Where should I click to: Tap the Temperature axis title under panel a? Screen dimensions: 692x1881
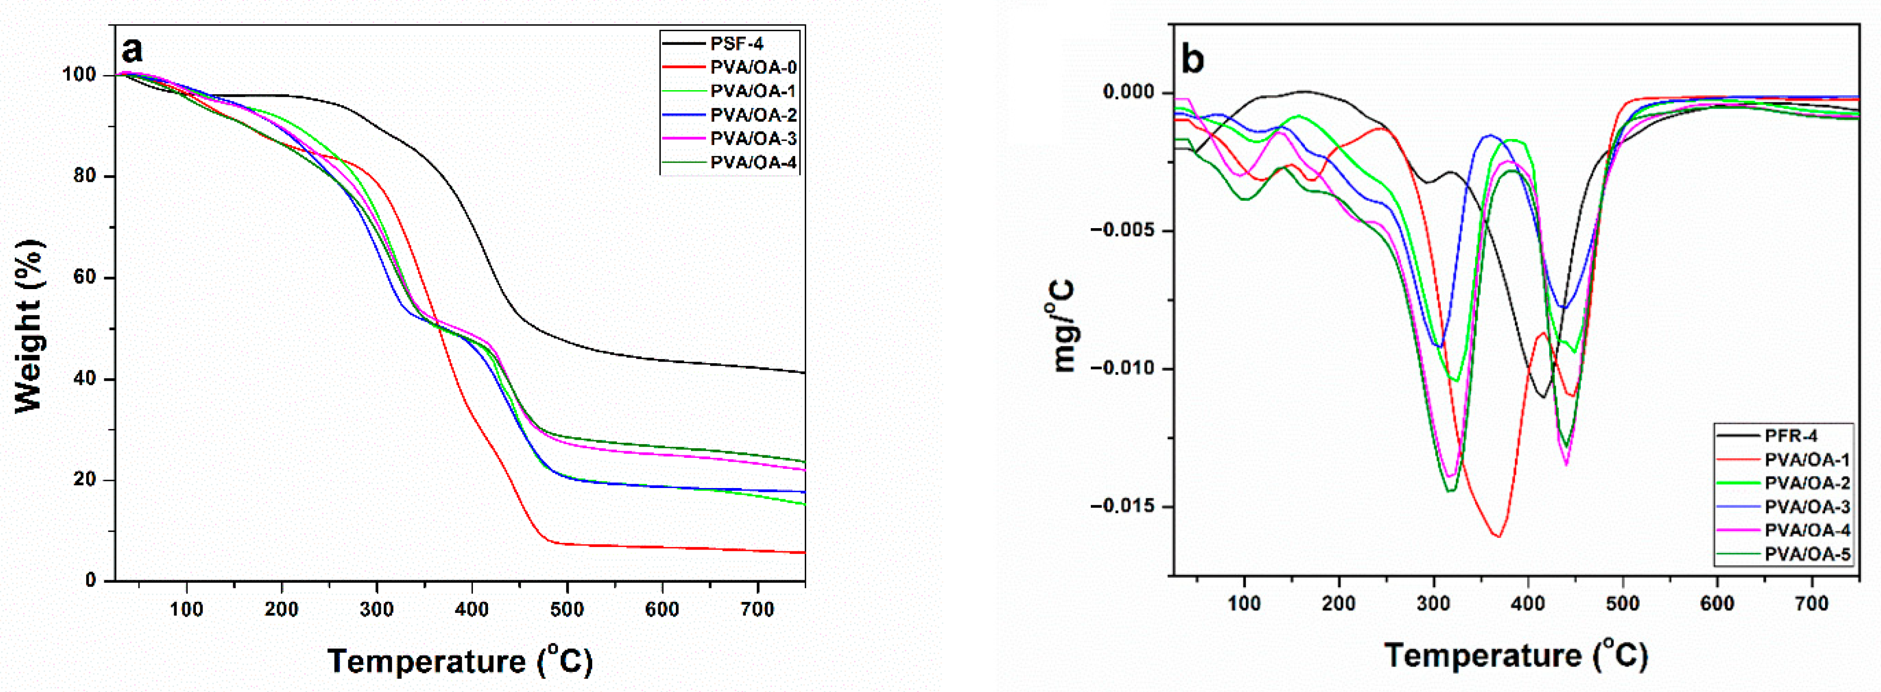460,661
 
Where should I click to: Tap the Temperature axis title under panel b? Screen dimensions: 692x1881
1516,655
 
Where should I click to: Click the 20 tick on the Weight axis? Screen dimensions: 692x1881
86,479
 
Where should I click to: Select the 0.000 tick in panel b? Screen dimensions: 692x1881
1128,93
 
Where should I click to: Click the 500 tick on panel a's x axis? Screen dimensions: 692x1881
568,609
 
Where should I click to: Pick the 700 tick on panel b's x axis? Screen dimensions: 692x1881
1812,604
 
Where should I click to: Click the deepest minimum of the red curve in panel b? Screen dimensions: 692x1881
1498,536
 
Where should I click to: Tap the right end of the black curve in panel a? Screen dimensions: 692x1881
804,372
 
